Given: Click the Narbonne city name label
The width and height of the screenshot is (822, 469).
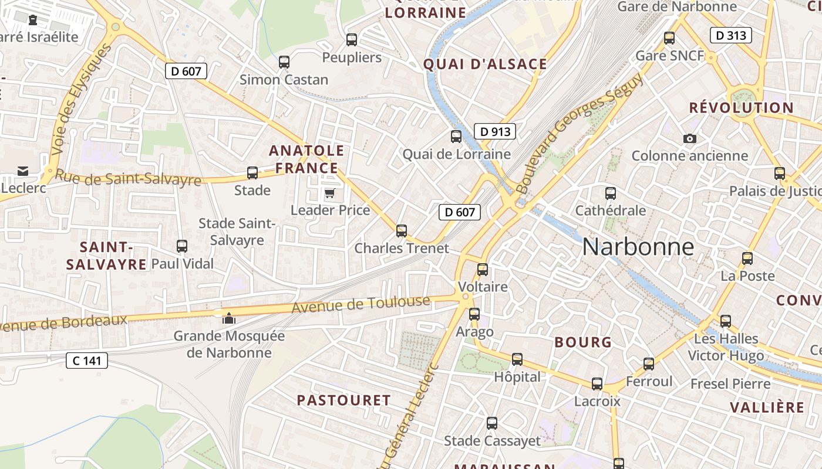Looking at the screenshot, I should click(638, 247).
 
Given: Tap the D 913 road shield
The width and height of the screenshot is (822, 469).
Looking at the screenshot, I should click(494, 132).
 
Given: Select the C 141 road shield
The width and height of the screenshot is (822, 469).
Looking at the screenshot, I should click(86, 361).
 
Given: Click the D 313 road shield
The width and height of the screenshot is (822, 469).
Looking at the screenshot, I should click(730, 36).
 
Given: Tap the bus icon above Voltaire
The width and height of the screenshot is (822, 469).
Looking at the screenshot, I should click(483, 270).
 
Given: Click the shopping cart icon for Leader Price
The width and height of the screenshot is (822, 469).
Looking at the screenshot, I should click(330, 193).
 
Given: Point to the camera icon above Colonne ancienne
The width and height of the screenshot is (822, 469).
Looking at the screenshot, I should click(690, 139).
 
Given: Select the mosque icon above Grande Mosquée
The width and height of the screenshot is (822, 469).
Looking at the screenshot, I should click(228, 319).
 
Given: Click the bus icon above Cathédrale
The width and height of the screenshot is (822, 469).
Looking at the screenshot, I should click(611, 193).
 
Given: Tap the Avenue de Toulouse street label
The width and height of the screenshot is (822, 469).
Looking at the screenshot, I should click(361, 305).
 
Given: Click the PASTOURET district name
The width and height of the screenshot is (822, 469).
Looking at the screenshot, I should click(343, 400).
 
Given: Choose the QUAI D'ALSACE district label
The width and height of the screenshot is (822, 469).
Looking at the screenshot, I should click(485, 64).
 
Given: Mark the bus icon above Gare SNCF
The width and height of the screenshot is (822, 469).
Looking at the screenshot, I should click(669, 39).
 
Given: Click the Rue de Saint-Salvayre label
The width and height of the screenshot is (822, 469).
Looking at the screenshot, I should click(128, 178).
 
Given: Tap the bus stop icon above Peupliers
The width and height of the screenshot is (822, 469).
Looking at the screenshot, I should click(352, 40).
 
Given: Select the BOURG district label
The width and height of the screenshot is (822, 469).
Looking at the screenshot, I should click(583, 342).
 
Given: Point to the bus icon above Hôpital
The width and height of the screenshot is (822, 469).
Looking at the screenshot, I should click(517, 359).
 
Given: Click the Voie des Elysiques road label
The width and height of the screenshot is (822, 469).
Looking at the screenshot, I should click(81, 100).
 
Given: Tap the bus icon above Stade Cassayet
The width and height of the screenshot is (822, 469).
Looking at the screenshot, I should click(492, 423).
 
